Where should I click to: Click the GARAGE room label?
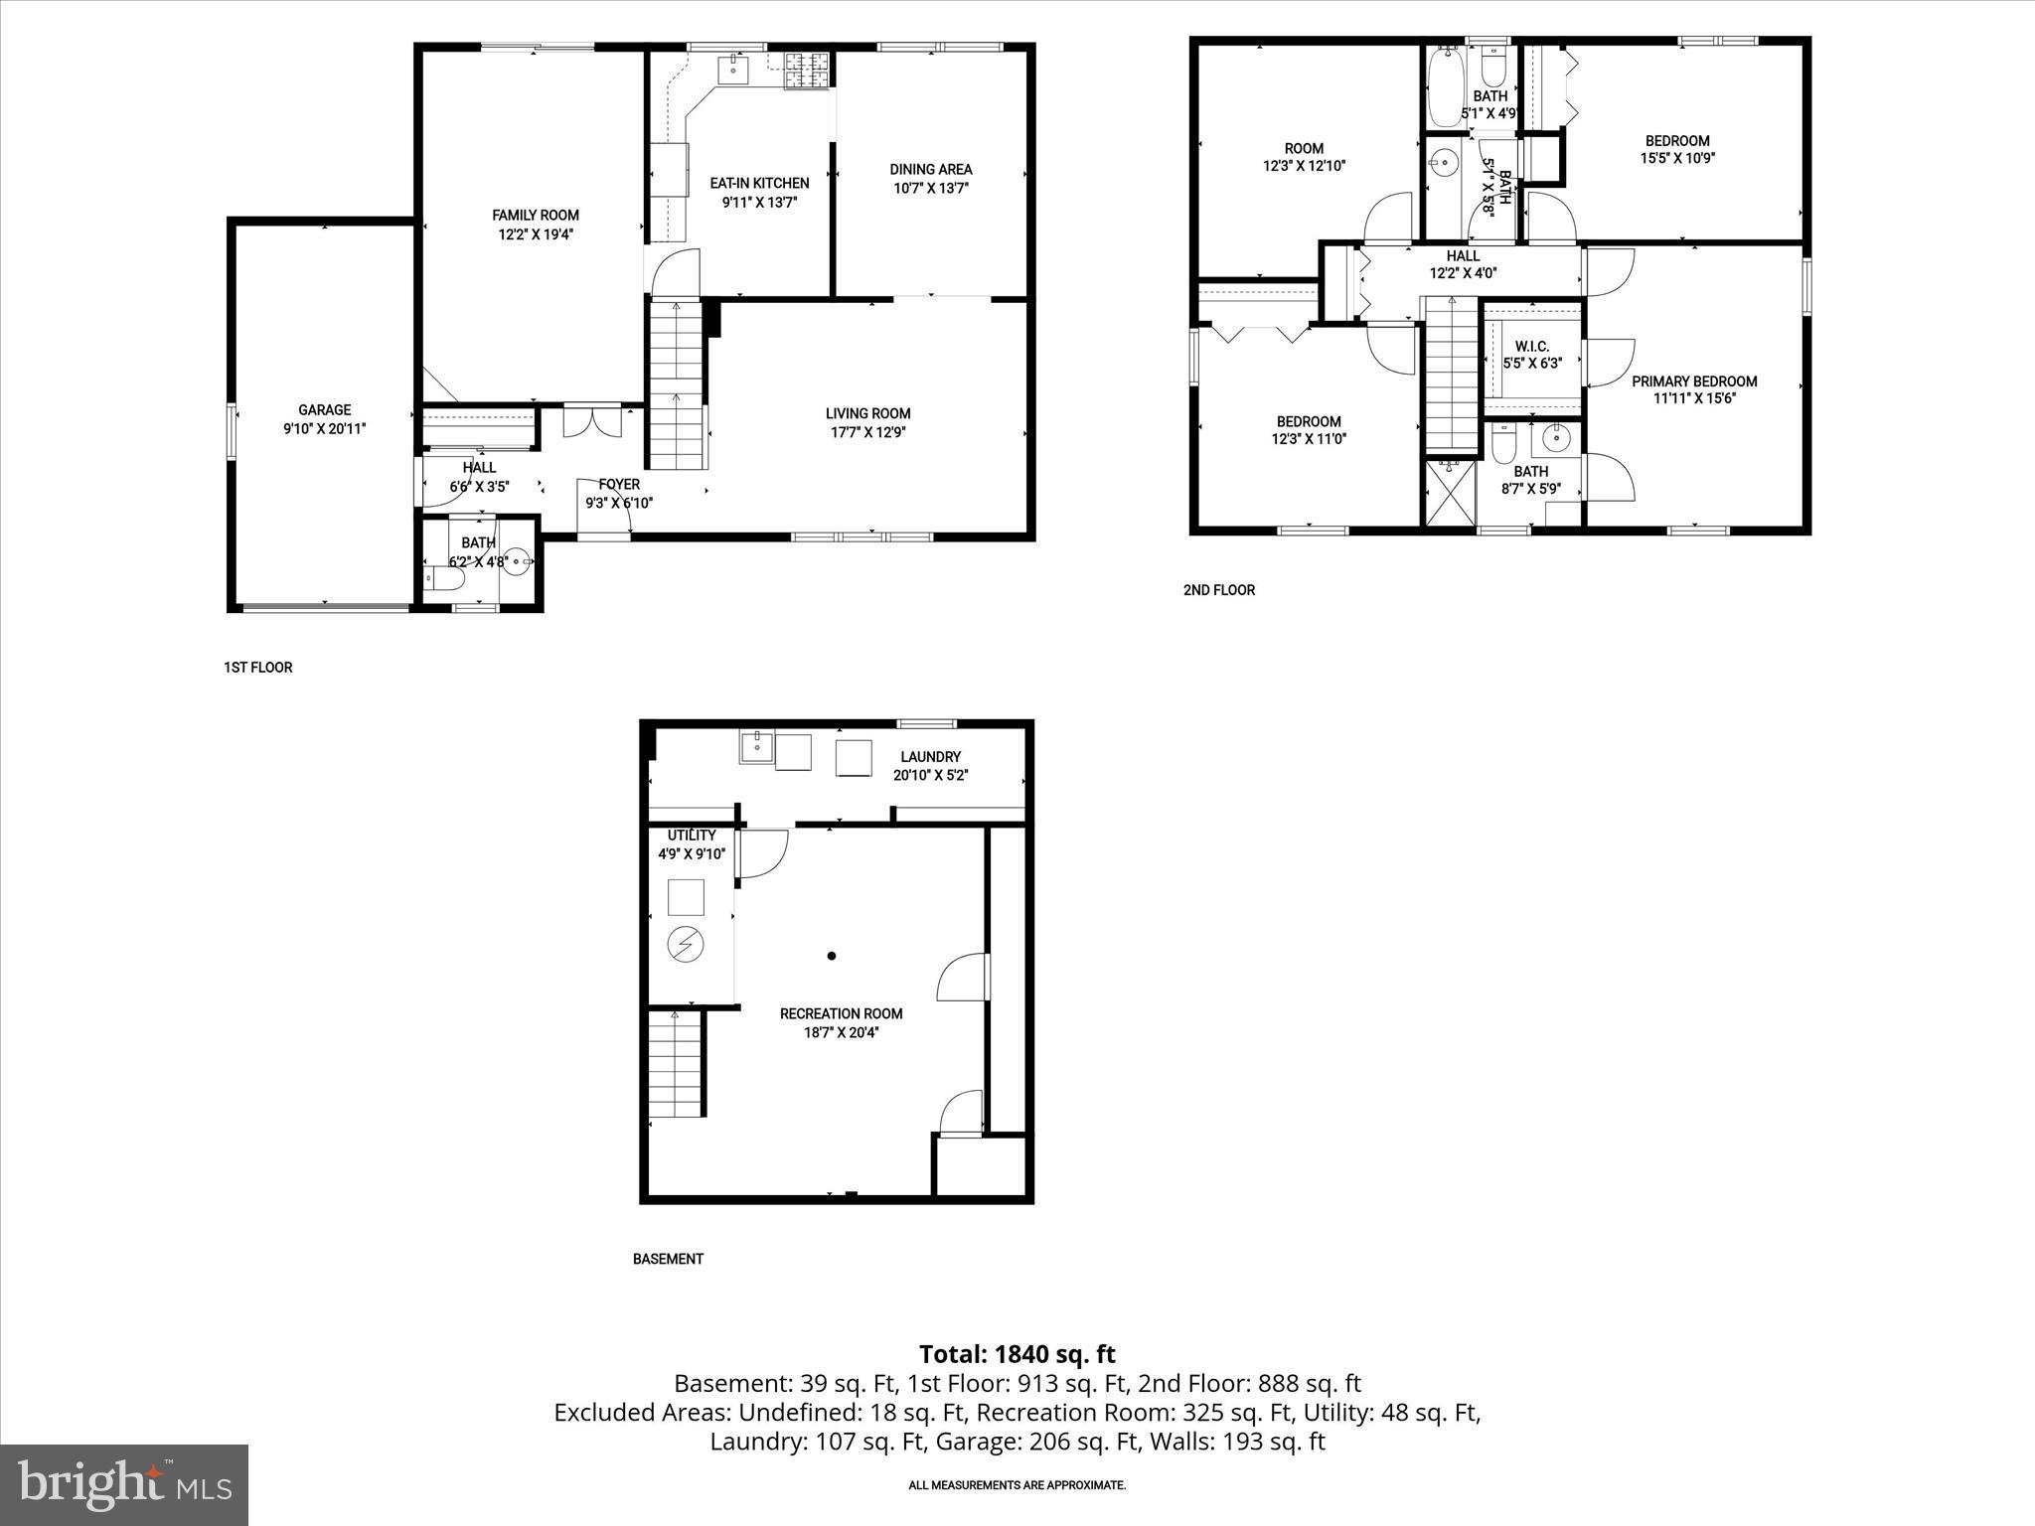click(325, 409)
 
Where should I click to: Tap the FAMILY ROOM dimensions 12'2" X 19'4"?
click(536, 234)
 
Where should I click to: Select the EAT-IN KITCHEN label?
click(759, 183)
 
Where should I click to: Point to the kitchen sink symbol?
click(734, 68)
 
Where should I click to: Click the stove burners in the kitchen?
click(806, 69)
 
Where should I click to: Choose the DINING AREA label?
click(930, 169)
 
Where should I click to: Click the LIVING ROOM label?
click(867, 413)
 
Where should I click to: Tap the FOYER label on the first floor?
click(618, 485)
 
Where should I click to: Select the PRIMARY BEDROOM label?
click(1694, 381)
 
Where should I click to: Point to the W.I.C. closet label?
click(1531, 346)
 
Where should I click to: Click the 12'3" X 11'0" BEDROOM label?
click(1309, 421)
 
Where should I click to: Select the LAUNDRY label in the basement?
click(930, 757)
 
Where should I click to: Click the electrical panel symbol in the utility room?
click(686, 944)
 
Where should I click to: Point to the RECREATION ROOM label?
click(841, 1013)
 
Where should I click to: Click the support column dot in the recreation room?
click(832, 956)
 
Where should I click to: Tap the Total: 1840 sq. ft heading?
click(1017, 1354)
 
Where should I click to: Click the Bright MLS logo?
click(124, 1484)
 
